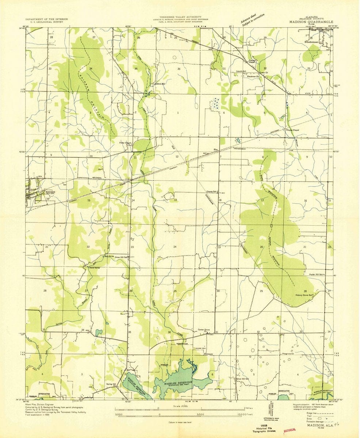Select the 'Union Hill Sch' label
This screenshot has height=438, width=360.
[x=122, y=257]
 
